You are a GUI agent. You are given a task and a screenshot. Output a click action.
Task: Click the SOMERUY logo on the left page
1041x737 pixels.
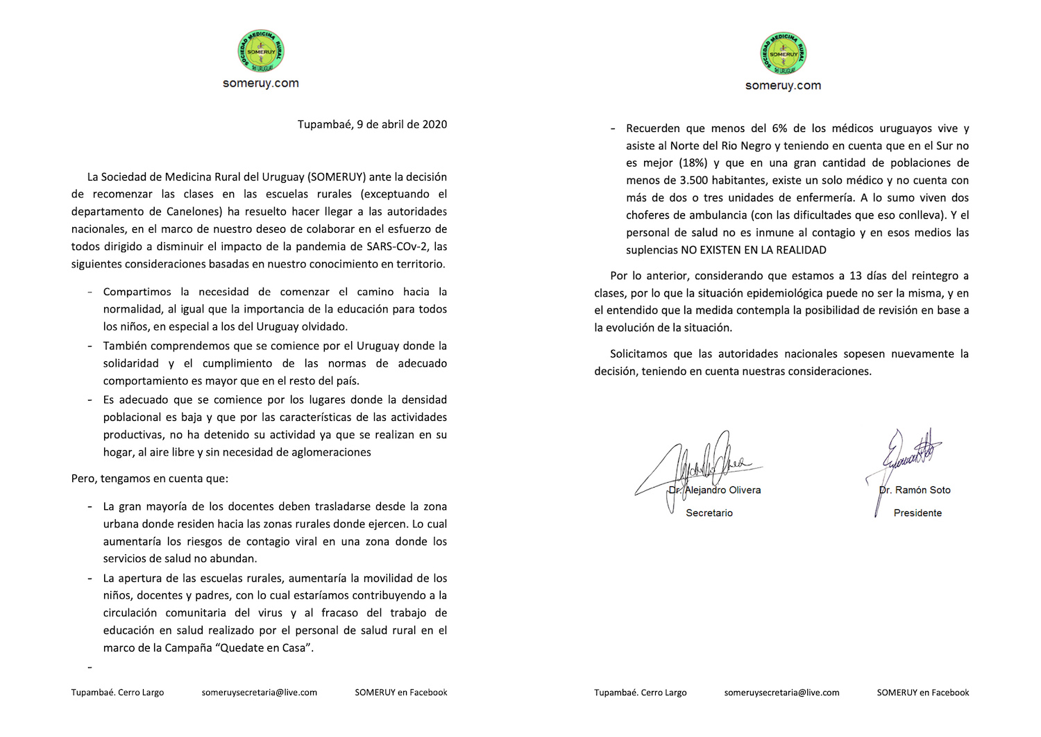pyautogui.click(x=260, y=51)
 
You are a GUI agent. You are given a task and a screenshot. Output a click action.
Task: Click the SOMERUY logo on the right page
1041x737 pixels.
pyautogui.click(x=783, y=53)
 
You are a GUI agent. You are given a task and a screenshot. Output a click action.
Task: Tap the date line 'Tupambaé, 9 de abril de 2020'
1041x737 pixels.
pyautogui.click(x=372, y=124)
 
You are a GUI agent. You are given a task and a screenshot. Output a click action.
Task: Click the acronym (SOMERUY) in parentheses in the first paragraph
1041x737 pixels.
pyautogui.click(x=337, y=177)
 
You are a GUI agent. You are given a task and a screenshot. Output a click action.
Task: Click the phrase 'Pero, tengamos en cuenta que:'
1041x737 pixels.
pyautogui.click(x=149, y=479)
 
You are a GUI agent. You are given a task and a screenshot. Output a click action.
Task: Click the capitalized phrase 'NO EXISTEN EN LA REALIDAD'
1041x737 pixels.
pyautogui.click(x=754, y=250)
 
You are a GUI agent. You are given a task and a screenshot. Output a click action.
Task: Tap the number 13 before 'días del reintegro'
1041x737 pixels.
pyautogui.click(x=856, y=276)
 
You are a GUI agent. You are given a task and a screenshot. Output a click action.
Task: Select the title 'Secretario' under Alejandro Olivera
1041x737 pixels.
pyautogui.click(x=709, y=513)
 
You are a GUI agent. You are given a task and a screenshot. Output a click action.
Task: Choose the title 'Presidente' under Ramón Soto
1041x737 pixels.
pyautogui.click(x=917, y=513)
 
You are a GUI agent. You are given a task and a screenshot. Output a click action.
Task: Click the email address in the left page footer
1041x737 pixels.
pyautogui.click(x=260, y=693)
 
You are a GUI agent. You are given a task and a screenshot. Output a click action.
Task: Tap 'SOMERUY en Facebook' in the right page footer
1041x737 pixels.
pyautogui.click(x=923, y=693)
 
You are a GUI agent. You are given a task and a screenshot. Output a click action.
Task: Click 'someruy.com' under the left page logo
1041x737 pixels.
pyautogui.click(x=260, y=83)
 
